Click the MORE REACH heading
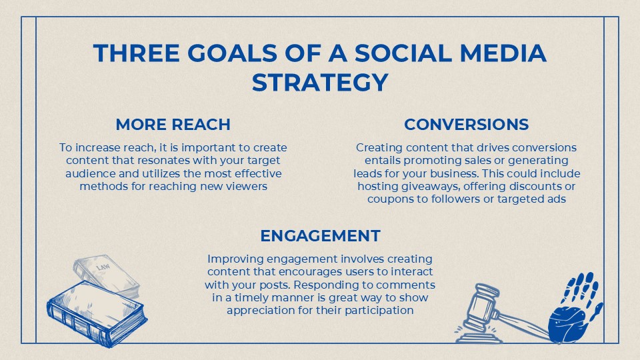(x=173, y=125)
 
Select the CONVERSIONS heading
(x=466, y=125)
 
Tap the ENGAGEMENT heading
(x=320, y=235)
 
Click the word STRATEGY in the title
(x=320, y=83)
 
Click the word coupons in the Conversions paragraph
(x=389, y=199)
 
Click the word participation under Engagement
(x=376, y=310)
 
